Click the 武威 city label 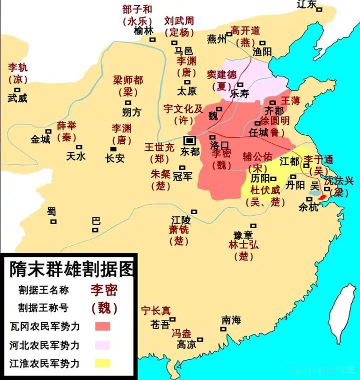17,98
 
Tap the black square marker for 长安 113,149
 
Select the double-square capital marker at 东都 190,140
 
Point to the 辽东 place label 307,4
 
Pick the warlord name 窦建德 221,74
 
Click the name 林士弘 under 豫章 244,245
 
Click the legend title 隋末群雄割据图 71,270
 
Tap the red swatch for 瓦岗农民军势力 102,326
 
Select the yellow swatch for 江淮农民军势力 102,363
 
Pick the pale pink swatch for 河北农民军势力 102,345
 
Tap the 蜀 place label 51,211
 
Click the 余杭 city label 308,207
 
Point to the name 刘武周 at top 179,21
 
